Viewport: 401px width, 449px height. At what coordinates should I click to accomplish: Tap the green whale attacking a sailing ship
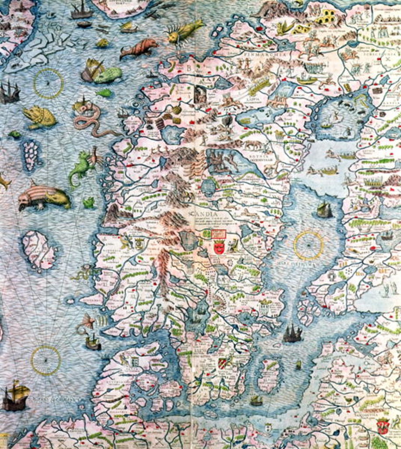pos(106,75)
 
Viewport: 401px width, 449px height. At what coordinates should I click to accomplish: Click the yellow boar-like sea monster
pos(39,117)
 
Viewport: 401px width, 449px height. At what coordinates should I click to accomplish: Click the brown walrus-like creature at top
pos(139,47)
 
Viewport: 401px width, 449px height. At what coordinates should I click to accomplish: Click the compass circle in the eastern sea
pos(308,245)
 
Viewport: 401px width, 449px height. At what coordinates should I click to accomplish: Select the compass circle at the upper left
pos(48,83)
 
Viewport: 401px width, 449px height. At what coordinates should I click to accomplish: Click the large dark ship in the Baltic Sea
pos(292,334)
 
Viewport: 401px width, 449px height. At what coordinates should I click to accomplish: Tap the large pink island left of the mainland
pos(39,250)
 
